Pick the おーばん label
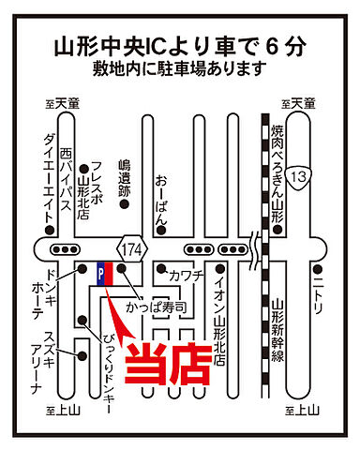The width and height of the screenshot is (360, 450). click(x=161, y=197)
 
